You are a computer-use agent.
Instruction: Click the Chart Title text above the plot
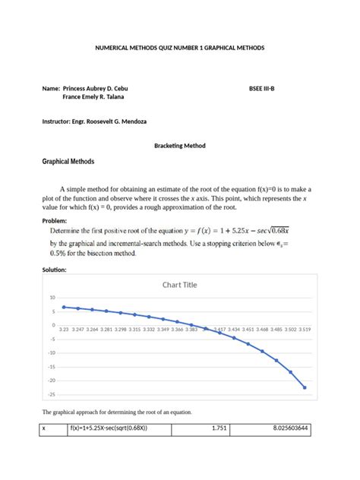[179, 285]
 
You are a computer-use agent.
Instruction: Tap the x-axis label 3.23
[65, 330]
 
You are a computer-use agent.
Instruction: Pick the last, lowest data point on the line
[305, 387]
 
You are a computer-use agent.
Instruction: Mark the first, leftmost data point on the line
[65, 307]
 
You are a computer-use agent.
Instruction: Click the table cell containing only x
[44, 428]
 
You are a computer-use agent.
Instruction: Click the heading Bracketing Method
[180, 145]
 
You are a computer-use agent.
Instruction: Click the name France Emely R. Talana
[94, 97]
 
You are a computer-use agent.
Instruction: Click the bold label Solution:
[56, 270]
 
